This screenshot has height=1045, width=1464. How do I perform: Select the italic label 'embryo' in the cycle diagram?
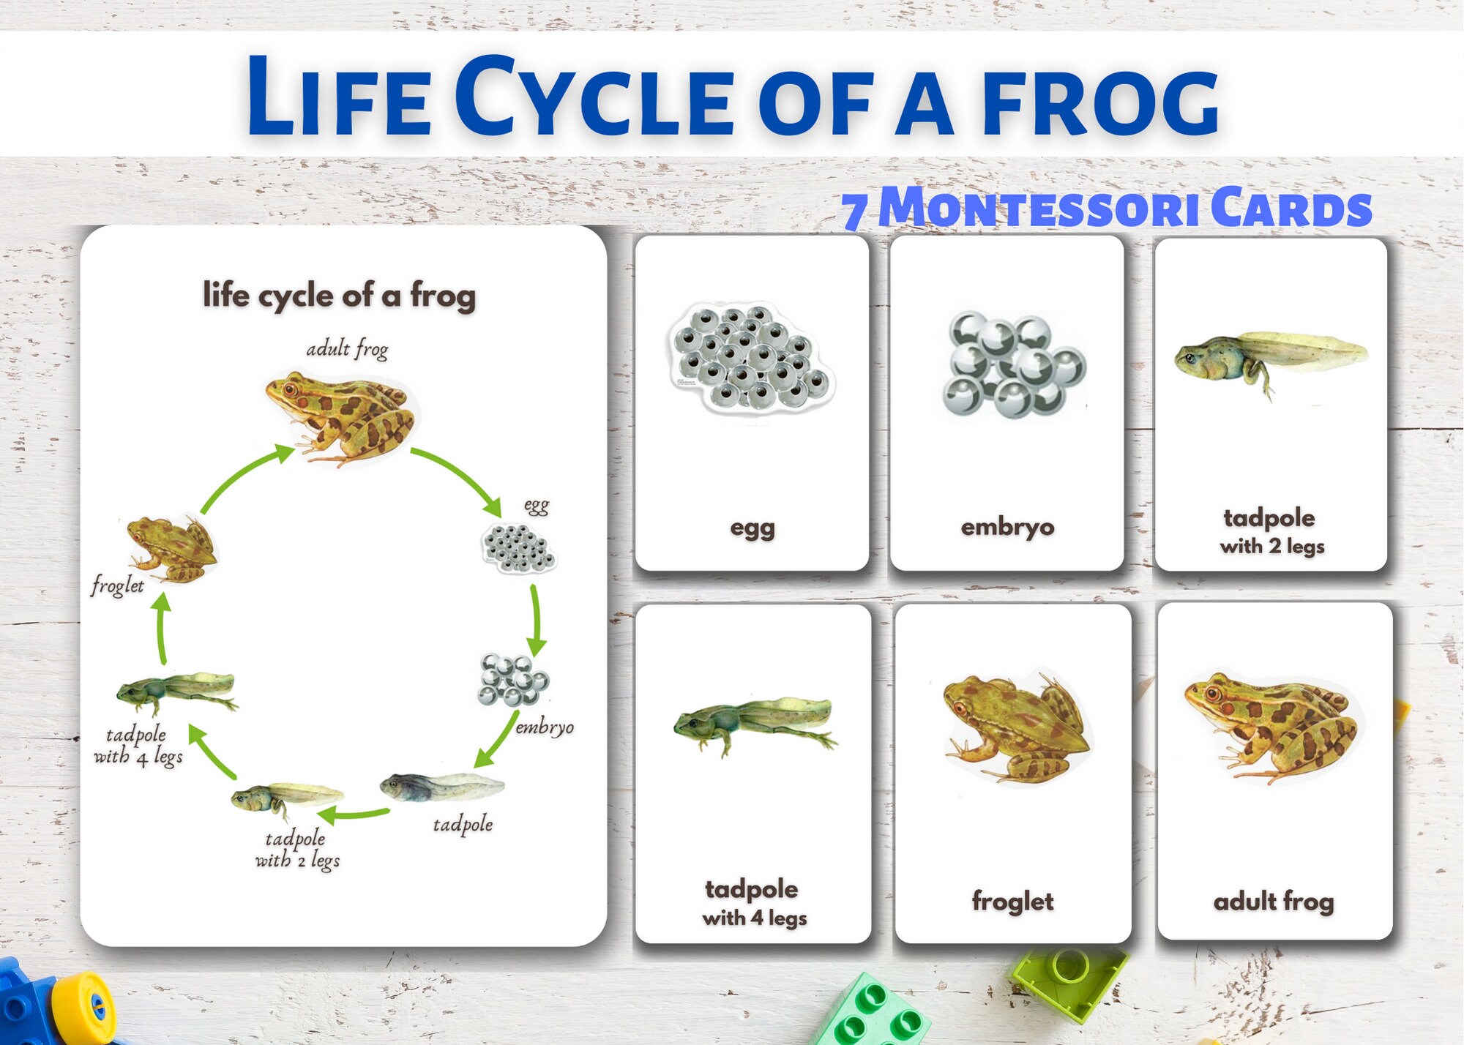point(544,727)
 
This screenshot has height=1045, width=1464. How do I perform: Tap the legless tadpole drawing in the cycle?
point(441,787)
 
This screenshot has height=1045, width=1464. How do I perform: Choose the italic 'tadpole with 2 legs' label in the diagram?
point(297,849)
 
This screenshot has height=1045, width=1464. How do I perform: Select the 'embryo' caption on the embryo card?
point(1007,527)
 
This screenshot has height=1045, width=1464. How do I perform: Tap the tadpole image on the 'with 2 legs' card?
point(1270,359)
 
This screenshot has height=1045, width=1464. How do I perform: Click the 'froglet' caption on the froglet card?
point(1012,902)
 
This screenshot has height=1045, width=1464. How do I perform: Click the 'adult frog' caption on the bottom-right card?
point(1273,902)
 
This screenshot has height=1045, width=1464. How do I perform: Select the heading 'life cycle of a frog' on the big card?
point(339,296)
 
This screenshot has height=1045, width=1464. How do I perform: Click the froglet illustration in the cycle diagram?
point(172,549)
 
